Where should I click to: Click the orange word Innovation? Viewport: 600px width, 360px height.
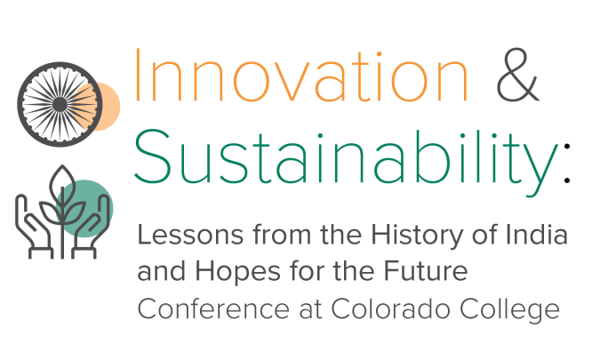point(300,75)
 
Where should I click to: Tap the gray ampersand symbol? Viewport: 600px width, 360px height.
point(517,75)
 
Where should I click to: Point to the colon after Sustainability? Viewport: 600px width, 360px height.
point(567,163)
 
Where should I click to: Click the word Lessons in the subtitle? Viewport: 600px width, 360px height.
point(190,235)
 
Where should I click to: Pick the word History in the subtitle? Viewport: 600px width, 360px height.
point(418,236)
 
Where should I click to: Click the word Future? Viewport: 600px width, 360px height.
point(426,270)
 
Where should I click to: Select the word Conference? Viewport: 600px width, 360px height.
point(213,309)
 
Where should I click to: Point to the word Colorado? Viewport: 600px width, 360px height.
point(390,308)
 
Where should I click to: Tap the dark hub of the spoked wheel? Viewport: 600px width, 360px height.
point(60,104)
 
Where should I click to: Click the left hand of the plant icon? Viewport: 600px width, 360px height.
point(34,228)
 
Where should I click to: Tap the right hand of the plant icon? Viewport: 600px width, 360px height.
point(91,228)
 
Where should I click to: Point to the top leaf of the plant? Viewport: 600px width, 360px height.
point(62,182)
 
